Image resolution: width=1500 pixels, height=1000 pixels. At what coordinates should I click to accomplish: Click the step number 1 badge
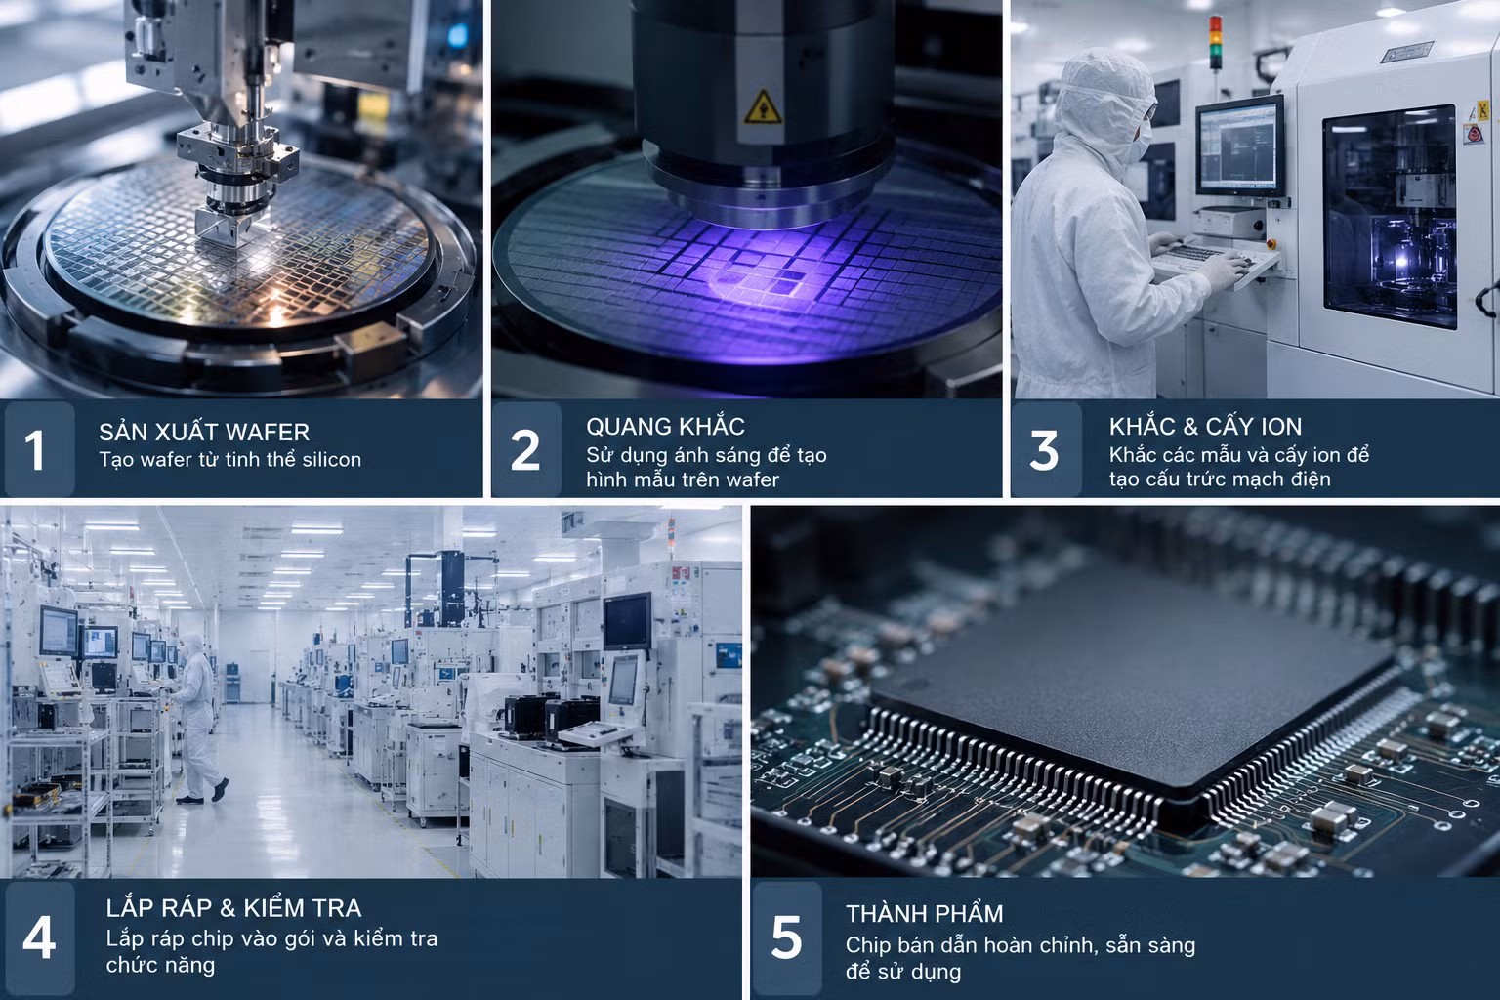tap(39, 449)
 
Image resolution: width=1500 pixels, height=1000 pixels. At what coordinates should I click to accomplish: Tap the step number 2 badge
tap(526, 449)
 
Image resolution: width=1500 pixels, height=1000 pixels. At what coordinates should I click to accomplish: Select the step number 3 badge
tap(1046, 449)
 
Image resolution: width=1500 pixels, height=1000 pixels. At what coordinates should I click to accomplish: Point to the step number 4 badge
tap(39, 937)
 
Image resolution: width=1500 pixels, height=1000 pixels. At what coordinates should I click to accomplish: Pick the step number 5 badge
tap(787, 937)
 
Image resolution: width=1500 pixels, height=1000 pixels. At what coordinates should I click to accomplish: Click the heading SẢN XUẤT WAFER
tap(204, 432)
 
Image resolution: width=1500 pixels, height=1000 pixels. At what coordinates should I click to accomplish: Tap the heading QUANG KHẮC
tap(665, 426)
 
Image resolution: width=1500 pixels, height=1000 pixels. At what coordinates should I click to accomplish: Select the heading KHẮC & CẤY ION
tap(1205, 426)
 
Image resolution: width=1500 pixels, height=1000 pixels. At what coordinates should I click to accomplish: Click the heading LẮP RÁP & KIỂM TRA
tap(233, 907)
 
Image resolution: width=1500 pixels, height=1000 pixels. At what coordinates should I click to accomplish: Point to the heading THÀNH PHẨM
tap(924, 914)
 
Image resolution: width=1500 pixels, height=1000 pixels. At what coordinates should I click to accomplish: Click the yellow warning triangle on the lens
tap(763, 107)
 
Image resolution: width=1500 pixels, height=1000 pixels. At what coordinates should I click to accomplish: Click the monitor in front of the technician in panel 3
tap(1240, 147)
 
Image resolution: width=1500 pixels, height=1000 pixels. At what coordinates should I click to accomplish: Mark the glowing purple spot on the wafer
tap(757, 281)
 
